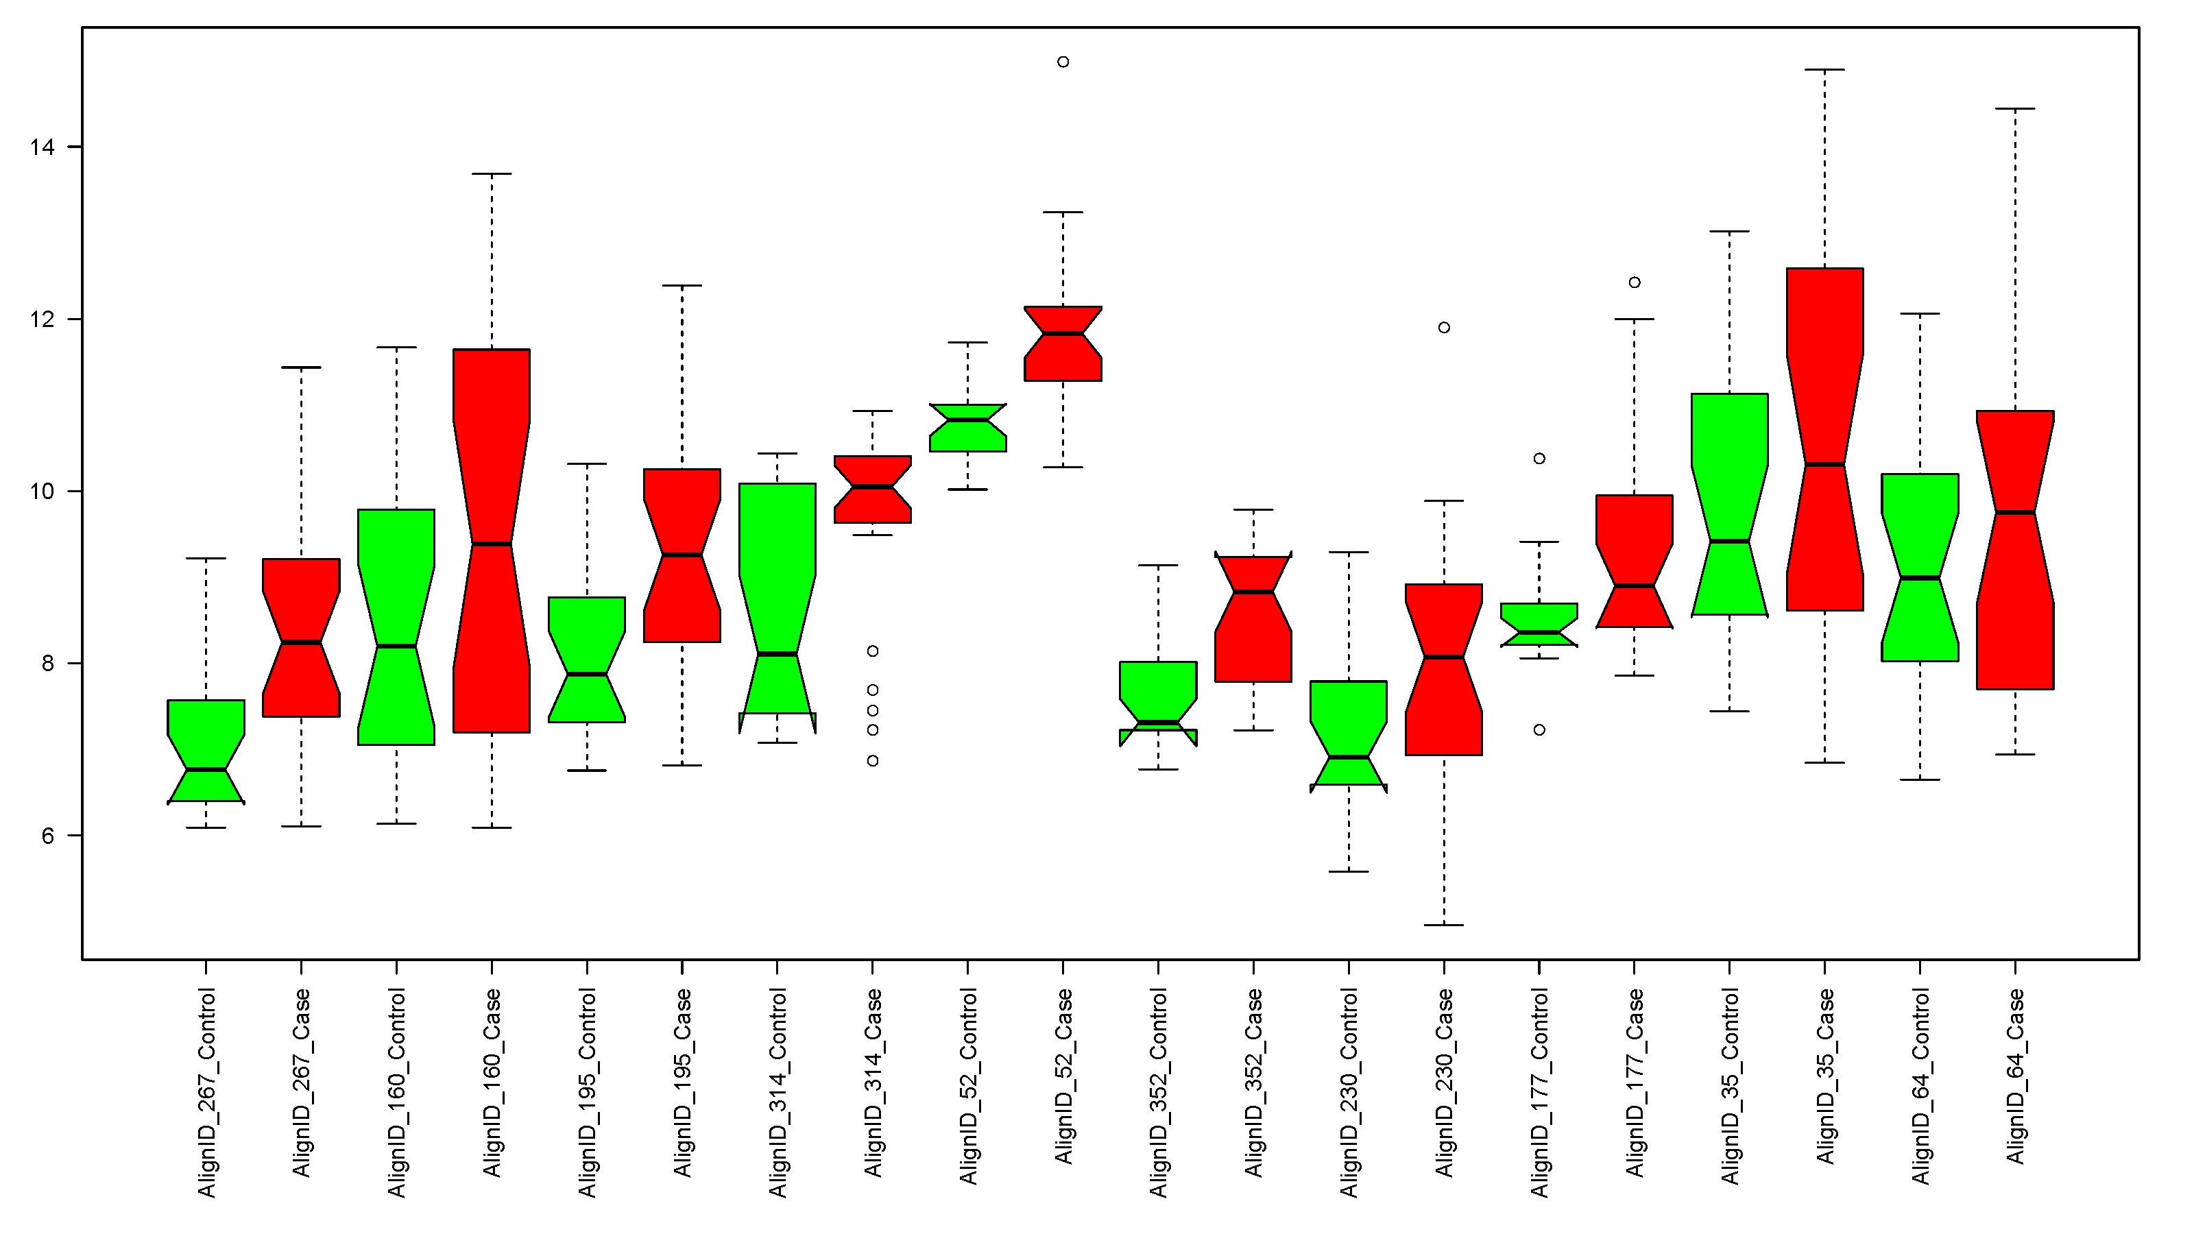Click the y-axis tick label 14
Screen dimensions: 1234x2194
tap(42, 147)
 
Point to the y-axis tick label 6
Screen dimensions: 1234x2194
tap(47, 836)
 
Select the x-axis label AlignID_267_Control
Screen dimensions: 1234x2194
tap(207, 1093)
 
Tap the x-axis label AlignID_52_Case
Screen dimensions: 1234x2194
tap(1064, 1076)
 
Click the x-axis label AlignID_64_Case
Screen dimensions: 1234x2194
tap(2015, 1076)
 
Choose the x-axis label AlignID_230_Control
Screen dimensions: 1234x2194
tap(1349, 1093)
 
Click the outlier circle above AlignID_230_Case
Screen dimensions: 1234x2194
tap(1444, 328)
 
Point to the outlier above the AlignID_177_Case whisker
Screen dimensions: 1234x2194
tap(1635, 282)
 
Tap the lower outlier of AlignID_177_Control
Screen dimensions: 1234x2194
tap(1539, 730)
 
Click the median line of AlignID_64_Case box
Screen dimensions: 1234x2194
tap(2015, 513)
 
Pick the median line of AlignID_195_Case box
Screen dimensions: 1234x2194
tap(682, 555)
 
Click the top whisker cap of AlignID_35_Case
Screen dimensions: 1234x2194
tap(1824, 70)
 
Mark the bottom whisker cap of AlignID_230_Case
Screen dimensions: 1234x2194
tap(1444, 925)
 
